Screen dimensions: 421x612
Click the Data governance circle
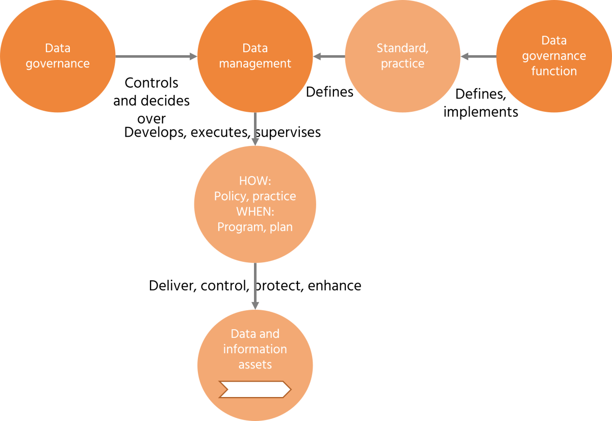click(x=57, y=56)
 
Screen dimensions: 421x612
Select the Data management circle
click(x=255, y=56)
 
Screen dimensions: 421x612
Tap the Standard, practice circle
click(x=402, y=56)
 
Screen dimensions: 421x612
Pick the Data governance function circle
click(x=554, y=56)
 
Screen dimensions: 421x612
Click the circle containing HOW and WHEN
click(x=255, y=204)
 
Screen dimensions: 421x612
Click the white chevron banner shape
click(x=255, y=389)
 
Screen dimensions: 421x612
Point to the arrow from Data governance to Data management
click(x=156, y=56)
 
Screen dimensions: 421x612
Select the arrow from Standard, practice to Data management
click(x=329, y=56)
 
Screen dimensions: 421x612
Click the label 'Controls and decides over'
click(x=151, y=101)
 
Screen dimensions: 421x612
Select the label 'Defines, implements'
click(x=481, y=103)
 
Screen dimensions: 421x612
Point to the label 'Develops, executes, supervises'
click(x=223, y=132)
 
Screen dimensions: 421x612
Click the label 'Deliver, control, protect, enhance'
click(x=255, y=286)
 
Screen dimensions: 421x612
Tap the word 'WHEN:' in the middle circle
click(x=255, y=211)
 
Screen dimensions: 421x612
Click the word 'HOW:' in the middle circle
click(x=255, y=181)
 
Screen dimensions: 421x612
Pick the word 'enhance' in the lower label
click(x=335, y=286)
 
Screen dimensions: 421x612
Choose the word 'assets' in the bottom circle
click(x=255, y=364)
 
